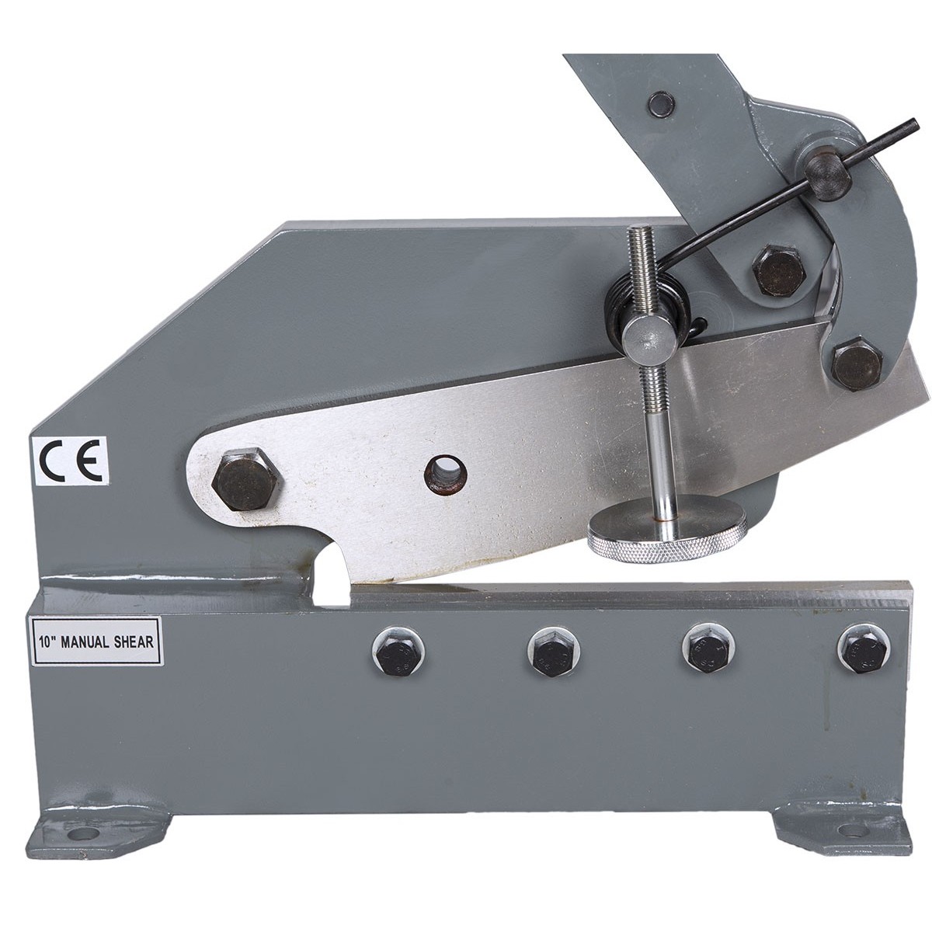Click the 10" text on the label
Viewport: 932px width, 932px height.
tap(47, 642)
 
